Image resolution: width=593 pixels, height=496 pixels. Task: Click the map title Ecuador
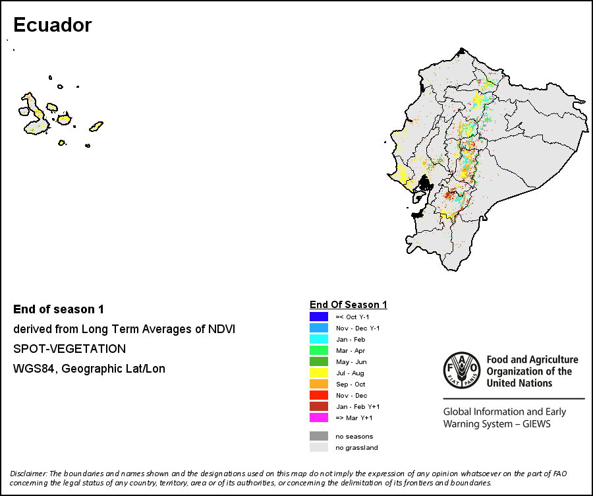(53, 25)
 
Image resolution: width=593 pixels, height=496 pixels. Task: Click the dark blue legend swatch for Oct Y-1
(319, 317)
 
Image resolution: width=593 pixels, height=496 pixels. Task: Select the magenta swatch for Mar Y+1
(319, 418)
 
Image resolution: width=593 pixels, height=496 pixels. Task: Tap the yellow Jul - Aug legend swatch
(319, 373)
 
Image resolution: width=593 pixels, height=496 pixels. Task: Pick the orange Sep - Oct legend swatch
(319, 384)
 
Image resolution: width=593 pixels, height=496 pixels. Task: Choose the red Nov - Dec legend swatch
(319, 395)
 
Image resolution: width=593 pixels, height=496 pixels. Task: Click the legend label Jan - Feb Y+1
(358, 407)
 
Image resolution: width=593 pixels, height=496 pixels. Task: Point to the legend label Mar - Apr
(351, 351)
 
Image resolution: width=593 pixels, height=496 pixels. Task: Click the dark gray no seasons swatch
(319, 436)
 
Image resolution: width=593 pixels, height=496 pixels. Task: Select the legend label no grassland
(356, 448)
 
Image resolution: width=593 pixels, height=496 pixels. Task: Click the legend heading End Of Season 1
(349, 305)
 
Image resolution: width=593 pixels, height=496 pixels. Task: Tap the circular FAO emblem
(462, 370)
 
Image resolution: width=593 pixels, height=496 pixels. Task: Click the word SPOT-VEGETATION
(70, 349)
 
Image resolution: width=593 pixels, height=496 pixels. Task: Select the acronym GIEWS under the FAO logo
(536, 423)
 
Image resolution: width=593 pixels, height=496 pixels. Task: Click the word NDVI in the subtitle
(221, 329)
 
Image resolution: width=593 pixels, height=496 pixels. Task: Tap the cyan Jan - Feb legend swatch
(319, 339)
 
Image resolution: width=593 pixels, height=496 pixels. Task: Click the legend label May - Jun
(351, 362)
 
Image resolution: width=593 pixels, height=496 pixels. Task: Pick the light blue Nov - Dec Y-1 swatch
(319, 328)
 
